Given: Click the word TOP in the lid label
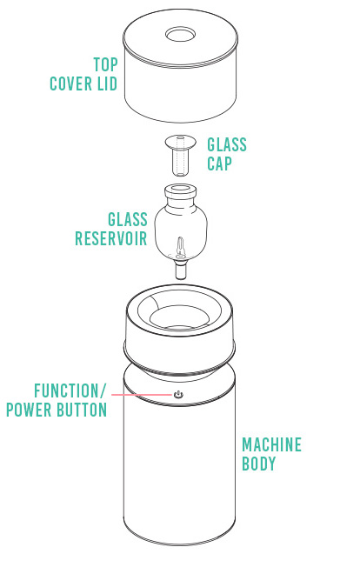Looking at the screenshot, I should (105, 64).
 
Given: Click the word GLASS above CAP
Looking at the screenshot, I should (227, 144).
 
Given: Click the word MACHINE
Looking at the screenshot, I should (271, 445).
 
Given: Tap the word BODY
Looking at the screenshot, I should (258, 465).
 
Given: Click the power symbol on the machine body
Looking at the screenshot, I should (178, 394).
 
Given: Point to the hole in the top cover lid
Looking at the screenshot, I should (179, 37).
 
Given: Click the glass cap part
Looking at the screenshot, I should (180, 151).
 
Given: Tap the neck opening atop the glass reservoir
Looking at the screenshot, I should (180, 189).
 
